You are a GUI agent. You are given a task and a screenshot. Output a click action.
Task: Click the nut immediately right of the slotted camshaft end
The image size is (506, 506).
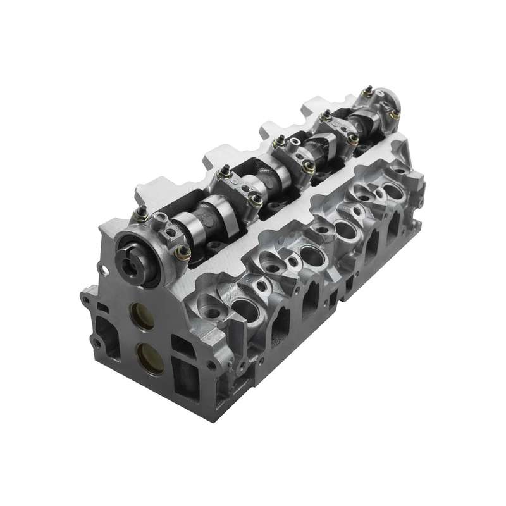183,253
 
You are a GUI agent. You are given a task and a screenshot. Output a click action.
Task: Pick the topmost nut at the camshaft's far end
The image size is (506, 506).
367,92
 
